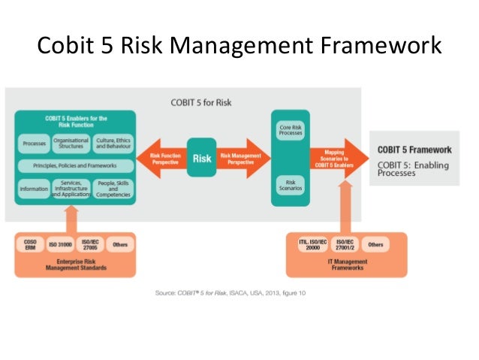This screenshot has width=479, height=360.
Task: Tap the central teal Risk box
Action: click(200, 159)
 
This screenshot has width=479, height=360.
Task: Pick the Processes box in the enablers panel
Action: click(33, 141)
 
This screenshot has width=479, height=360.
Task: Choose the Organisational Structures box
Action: click(71, 141)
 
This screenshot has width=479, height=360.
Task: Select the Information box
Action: click(33, 189)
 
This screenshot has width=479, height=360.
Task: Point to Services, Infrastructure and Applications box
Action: click(71, 189)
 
